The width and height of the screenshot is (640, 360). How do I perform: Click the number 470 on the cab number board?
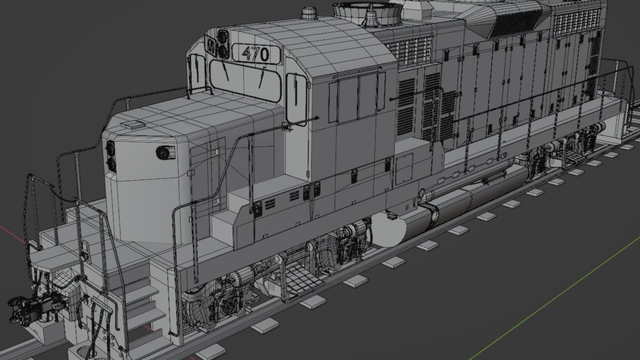[256, 54]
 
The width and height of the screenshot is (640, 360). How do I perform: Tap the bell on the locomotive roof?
[370, 17]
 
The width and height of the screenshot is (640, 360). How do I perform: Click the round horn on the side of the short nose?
[163, 152]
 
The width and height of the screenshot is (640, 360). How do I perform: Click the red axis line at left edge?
[10, 230]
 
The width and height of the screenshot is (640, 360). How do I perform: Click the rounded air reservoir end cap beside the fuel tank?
[388, 230]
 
